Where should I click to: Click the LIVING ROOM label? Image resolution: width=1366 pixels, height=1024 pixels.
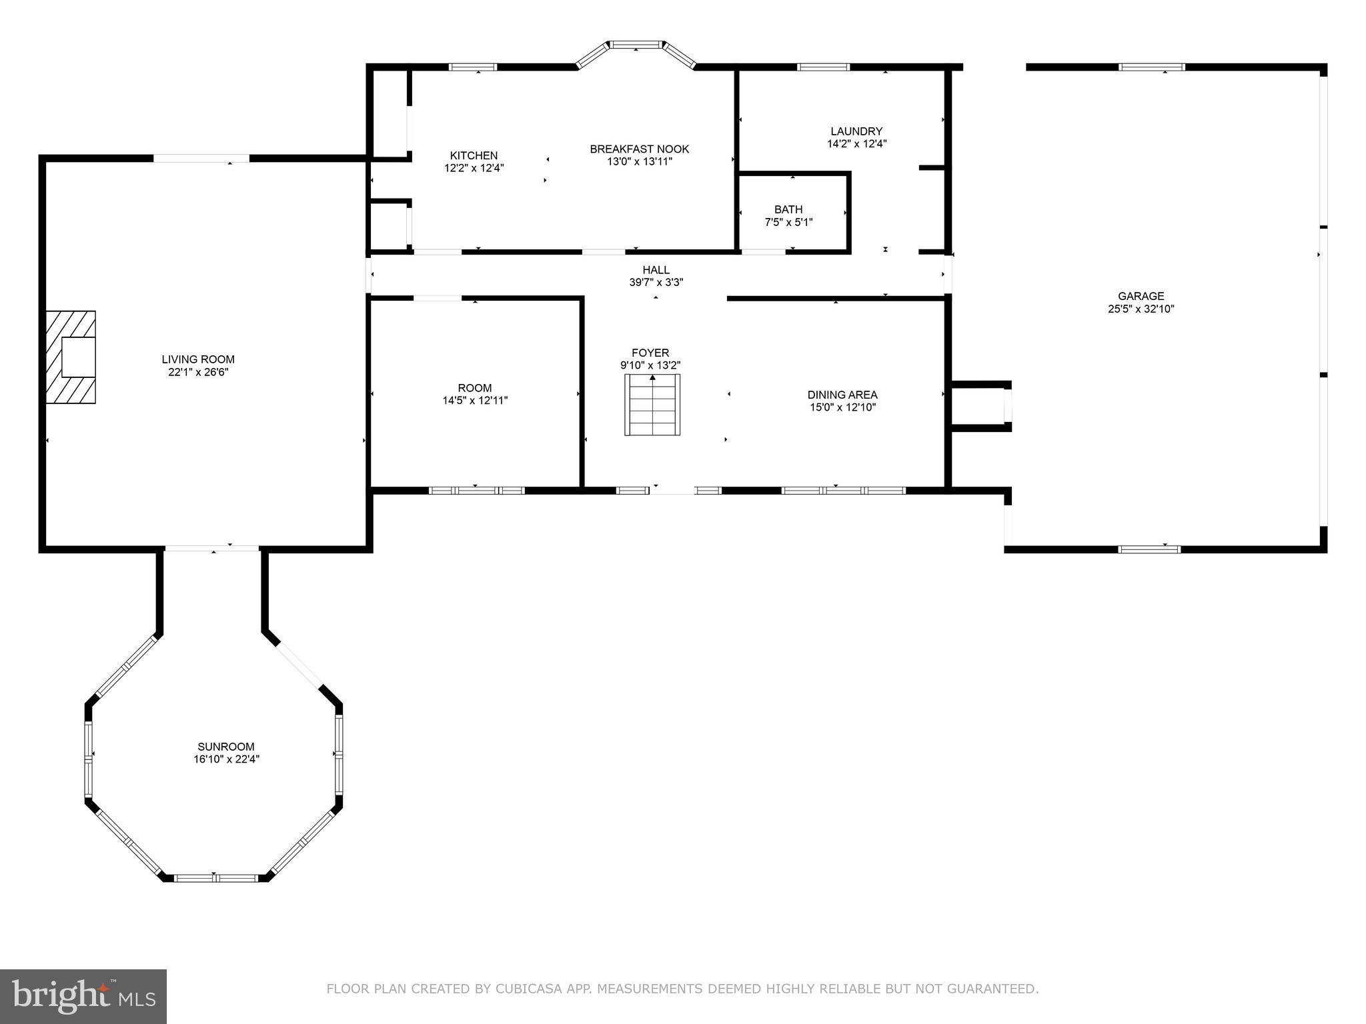point(198,359)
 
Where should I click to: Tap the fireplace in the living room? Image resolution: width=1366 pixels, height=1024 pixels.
point(71,357)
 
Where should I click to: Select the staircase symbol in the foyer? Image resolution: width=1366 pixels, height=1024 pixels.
point(652,405)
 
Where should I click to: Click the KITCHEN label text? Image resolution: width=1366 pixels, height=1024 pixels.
point(474,155)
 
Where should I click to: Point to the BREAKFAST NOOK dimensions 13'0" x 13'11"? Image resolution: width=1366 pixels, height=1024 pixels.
point(639,161)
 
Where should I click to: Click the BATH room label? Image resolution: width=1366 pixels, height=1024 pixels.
point(788,209)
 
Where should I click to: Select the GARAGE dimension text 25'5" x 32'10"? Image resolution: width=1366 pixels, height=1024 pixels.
point(1141,309)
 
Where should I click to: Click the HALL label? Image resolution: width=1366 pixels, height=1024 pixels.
point(656,269)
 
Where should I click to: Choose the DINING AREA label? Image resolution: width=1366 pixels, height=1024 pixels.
point(842,395)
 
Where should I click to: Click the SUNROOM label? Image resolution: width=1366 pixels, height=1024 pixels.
point(225,747)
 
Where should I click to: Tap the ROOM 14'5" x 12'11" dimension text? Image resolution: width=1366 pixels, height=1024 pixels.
point(475,401)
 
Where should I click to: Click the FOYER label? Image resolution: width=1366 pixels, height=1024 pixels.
point(650,353)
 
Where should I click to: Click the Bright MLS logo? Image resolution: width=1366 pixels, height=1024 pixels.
point(83,996)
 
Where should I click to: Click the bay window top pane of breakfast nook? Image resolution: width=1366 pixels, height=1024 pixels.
point(636,45)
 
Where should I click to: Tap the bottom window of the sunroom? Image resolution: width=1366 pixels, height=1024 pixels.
point(216,878)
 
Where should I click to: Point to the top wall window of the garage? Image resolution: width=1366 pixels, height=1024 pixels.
point(1151,67)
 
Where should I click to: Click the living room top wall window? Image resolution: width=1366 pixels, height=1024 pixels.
point(201,158)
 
